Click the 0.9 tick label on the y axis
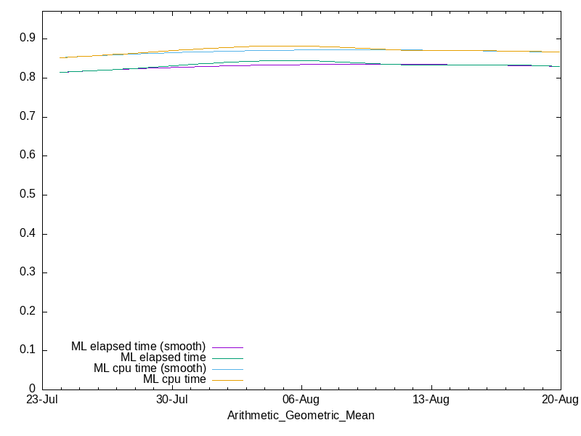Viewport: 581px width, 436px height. click(x=28, y=39)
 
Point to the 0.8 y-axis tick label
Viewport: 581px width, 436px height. click(x=28, y=77)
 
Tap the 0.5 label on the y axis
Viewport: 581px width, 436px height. click(x=28, y=194)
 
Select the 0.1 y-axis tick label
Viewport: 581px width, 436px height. click(x=28, y=350)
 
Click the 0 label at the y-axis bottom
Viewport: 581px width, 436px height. click(x=32, y=389)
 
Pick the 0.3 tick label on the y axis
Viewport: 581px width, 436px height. click(x=28, y=272)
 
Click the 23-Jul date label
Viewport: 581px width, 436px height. click(x=42, y=400)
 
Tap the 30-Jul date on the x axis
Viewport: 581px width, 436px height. click(x=172, y=400)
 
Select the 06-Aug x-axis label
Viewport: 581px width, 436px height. click(x=301, y=400)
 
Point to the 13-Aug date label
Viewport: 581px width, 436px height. click(x=431, y=400)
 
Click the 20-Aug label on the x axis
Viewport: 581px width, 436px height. click(x=560, y=400)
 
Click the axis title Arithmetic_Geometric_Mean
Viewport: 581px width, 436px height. click(x=301, y=415)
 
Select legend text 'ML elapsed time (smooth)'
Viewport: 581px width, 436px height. click(x=138, y=347)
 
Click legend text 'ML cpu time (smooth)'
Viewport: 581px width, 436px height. click(x=150, y=368)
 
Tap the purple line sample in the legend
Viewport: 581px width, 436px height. click(x=227, y=348)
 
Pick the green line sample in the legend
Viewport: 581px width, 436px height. click(x=227, y=358)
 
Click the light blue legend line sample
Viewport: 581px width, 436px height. click(x=227, y=370)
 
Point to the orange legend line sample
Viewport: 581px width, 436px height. click(x=227, y=380)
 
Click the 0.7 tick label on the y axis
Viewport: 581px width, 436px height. click(x=28, y=116)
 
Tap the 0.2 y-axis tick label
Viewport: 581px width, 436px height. click(x=28, y=311)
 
